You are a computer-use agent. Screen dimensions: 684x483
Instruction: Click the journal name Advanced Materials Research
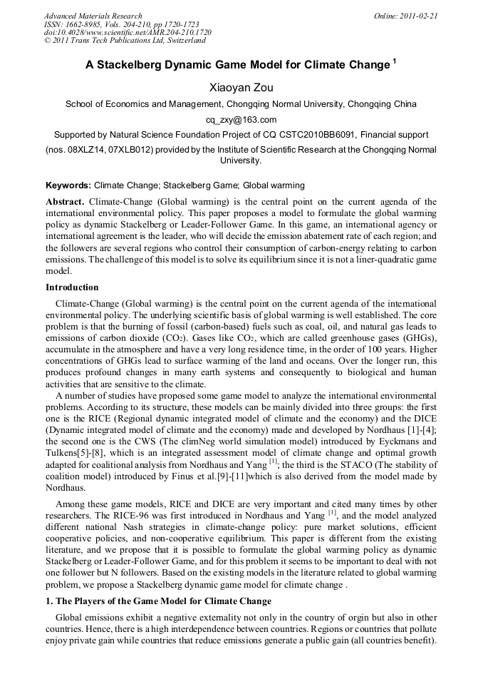93,16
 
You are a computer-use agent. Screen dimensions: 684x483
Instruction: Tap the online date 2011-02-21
418,16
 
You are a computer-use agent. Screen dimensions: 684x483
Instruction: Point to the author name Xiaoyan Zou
241,86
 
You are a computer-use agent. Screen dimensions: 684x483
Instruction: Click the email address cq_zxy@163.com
241,120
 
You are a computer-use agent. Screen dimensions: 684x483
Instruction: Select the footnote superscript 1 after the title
394,61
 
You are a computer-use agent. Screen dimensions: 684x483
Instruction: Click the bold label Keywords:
68,185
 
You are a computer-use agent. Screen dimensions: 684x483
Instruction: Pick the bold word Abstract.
66,202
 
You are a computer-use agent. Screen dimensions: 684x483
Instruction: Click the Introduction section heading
72,287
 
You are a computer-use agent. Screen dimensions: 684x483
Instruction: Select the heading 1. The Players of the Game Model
158,601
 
